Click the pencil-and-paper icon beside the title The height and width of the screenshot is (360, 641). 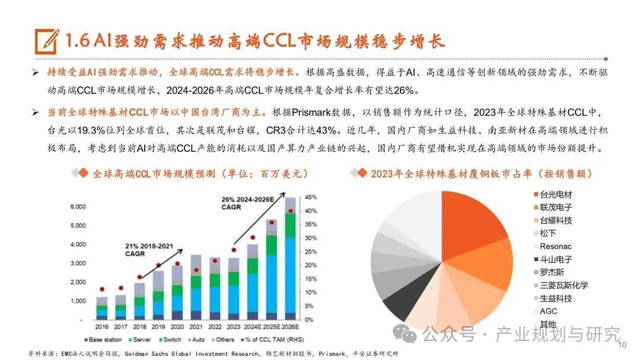[x=47, y=40]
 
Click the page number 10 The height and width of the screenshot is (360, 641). [x=622, y=345]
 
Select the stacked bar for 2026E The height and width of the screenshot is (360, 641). [x=290, y=261]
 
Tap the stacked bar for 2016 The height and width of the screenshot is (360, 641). [x=102, y=309]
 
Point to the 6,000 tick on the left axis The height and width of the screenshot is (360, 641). [x=79, y=207]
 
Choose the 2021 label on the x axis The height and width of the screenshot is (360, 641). [x=196, y=326]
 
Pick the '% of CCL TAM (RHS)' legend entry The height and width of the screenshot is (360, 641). [x=276, y=340]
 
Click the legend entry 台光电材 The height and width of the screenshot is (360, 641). [x=556, y=195]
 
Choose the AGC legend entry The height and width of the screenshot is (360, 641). [x=548, y=311]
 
